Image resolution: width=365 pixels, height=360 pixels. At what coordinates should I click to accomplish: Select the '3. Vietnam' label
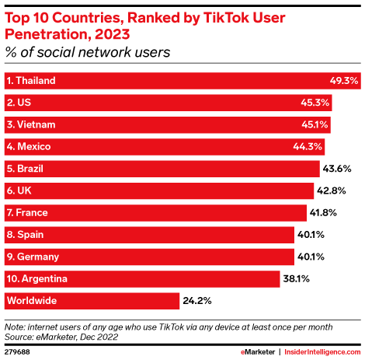[x=30, y=124]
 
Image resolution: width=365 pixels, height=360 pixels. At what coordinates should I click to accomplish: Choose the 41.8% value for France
[x=325, y=212]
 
